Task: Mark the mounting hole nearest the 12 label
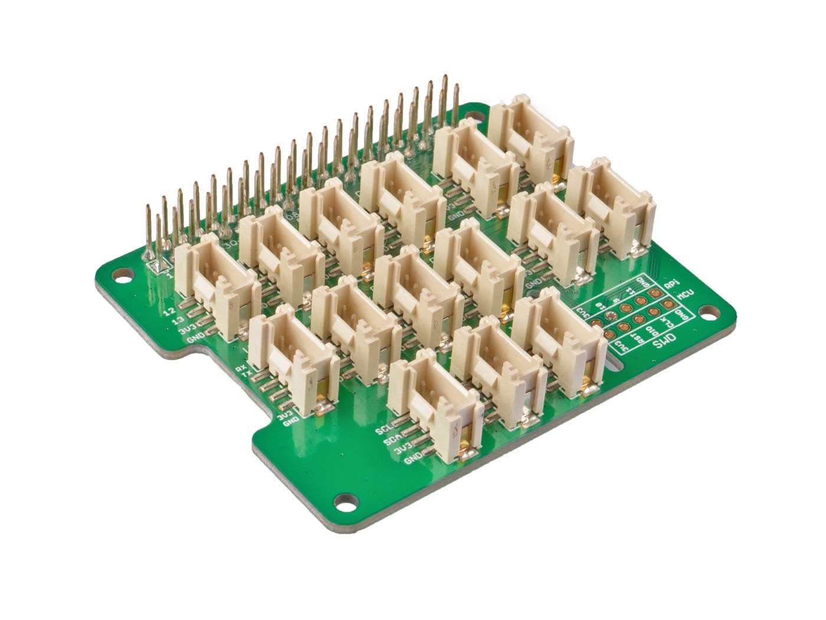[x=123, y=274]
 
